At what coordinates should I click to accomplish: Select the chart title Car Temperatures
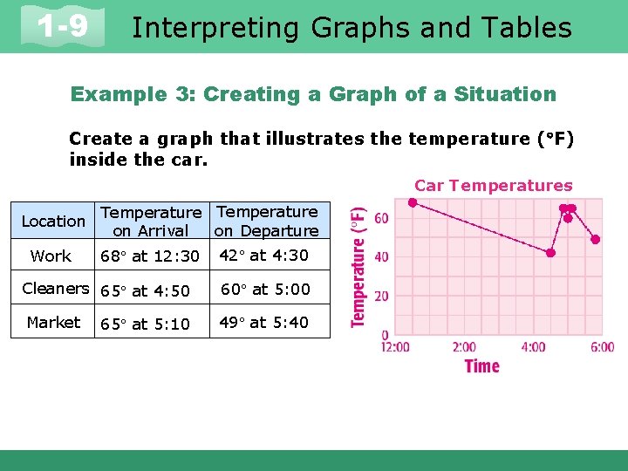pyautogui.click(x=493, y=185)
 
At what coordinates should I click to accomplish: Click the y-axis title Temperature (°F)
pyautogui.click(x=358, y=266)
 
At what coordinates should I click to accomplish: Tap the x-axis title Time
pyautogui.click(x=481, y=365)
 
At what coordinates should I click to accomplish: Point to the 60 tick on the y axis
pyautogui.click(x=382, y=217)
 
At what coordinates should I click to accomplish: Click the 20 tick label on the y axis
pyautogui.click(x=382, y=296)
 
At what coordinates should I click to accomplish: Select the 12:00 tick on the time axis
pyautogui.click(x=395, y=347)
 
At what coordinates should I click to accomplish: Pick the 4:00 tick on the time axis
pyautogui.click(x=533, y=347)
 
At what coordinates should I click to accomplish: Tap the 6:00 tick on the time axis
pyautogui.click(x=601, y=347)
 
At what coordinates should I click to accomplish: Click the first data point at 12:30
pyautogui.click(x=413, y=202)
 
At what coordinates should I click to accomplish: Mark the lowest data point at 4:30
pyautogui.click(x=550, y=253)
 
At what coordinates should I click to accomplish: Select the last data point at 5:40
pyautogui.click(x=596, y=239)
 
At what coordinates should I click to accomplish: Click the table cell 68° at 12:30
pyautogui.click(x=150, y=256)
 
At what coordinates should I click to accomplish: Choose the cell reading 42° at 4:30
pyautogui.click(x=263, y=256)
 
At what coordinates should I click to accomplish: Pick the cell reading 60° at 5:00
pyautogui.click(x=264, y=289)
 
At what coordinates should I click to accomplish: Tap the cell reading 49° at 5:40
pyautogui.click(x=263, y=322)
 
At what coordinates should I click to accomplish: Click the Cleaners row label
pyautogui.click(x=55, y=289)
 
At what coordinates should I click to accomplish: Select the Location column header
pyautogui.click(x=53, y=221)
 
